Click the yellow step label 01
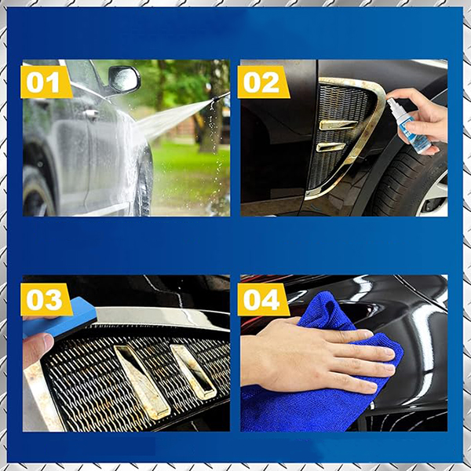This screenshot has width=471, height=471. pos(46,82)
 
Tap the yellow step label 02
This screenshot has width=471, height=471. pos(263,82)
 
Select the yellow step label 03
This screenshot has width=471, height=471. pos(46,300)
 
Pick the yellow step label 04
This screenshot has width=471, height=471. pos(263,300)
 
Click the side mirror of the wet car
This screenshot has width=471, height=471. pos(124,79)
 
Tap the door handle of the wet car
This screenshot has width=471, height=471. pos(91,114)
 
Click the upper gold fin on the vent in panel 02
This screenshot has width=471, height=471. pos(338,124)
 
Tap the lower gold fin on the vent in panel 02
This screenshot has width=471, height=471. pos(330,147)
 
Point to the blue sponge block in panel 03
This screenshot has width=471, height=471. pos(60,319)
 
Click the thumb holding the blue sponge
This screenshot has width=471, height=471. pos(37,349)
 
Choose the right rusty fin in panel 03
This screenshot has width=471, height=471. pos(193,371)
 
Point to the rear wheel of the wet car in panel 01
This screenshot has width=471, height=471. pos(37,192)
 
